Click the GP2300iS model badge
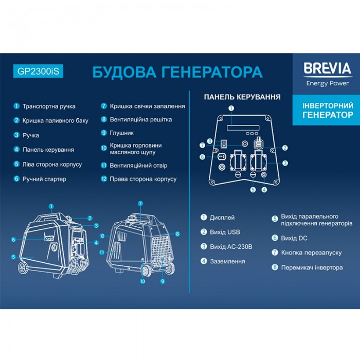click(x=38, y=71)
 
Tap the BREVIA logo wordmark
click(x=328, y=68)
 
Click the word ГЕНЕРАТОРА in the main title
click(x=212, y=72)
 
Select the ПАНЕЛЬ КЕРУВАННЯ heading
click(x=242, y=97)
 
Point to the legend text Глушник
click(x=121, y=133)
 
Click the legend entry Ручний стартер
click(x=44, y=179)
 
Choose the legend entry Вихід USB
click(x=225, y=232)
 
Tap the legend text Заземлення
click(x=227, y=261)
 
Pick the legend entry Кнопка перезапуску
click(x=311, y=253)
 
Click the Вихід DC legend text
click(x=294, y=238)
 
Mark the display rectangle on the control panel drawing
click(x=243, y=128)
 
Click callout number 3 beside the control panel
click(x=285, y=163)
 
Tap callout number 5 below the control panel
click(x=253, y=190)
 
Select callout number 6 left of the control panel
click(x=202, y=157)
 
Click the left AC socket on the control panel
click(x=238, y=162)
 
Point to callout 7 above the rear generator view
click(x=140, y=204)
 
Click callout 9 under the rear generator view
click(x=163, y=281)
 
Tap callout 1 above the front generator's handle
click(x=51, y=206)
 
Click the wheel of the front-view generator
click(x=23, y=268)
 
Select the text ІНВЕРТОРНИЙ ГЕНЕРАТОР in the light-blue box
click(x=328, y=110)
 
